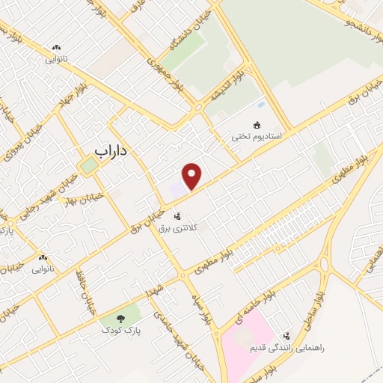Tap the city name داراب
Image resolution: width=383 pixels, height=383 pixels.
[x=112, y=150]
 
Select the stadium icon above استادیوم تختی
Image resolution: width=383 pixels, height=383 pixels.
[x=259, y=125]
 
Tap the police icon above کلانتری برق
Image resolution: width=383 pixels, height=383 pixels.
[x=177, y=216]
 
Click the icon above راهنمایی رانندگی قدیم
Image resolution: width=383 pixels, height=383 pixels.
[x=287, y=336]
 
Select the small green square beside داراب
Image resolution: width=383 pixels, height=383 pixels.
[x=89, y=167]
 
